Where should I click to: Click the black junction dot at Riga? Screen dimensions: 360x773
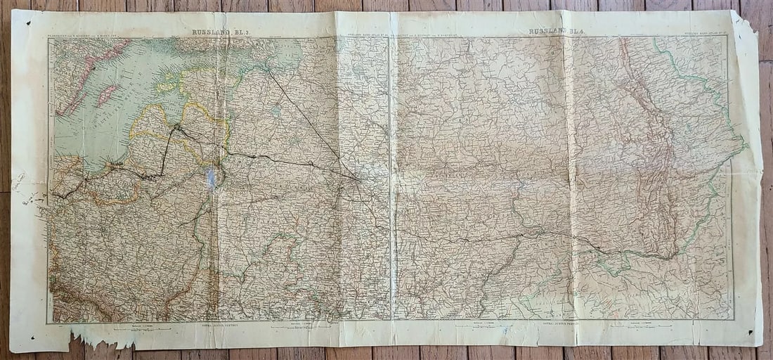(x=178, y=128)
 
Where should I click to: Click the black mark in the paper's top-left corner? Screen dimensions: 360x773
(x=29, y=22)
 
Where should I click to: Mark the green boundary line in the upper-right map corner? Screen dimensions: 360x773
(x=696, y=77)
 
